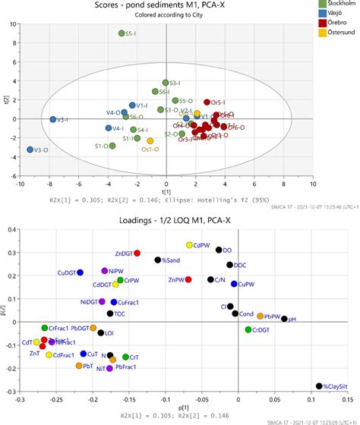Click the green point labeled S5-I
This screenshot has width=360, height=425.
pos(122,34)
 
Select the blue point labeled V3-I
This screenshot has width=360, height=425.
pos(53,119)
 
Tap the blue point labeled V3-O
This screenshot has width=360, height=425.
pos(30,150)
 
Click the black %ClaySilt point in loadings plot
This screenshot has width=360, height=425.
pos(319,386)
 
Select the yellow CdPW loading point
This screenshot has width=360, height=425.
pos(190,245)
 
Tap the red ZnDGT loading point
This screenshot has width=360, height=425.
pos(137,253)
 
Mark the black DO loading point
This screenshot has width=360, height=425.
pos(219,250)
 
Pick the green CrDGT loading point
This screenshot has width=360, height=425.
pos(248,329)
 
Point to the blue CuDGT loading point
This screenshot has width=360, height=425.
pos(80,272)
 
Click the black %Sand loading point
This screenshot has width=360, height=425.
pos(158,260)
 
